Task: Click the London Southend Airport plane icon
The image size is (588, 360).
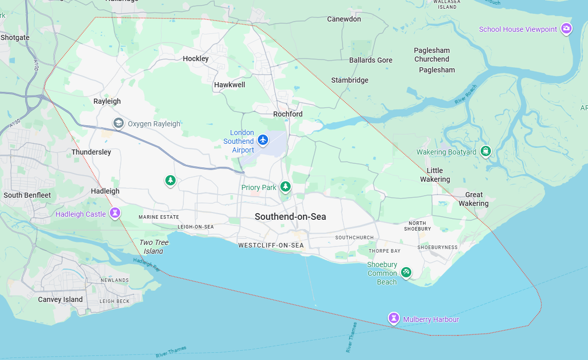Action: (263, 139)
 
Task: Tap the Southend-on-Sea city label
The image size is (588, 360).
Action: (290, 217)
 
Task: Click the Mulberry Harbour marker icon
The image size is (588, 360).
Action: (394, 318)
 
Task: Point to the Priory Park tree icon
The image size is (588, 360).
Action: (286, 187)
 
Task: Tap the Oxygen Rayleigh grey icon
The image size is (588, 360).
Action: (119, 123)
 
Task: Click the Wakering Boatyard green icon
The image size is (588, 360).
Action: (485, 151)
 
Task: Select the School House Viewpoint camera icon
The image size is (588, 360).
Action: (566, 28)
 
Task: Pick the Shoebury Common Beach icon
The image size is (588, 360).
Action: (406, 272)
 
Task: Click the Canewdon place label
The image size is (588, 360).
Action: (344, 19)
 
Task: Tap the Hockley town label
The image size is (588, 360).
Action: (196, 59)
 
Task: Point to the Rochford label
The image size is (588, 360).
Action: (288, 114)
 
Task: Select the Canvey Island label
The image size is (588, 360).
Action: (60, 299)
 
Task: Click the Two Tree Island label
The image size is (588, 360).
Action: (154, 247)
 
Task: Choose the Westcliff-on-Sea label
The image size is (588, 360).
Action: (271, 245)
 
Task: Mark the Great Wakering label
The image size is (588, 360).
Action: (473, 199)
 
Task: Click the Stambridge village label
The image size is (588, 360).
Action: (350, 80)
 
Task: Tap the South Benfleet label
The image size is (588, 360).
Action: (27, 195)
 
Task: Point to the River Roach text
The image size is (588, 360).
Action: (466, 95)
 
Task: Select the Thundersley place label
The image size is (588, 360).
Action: (91, 152)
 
